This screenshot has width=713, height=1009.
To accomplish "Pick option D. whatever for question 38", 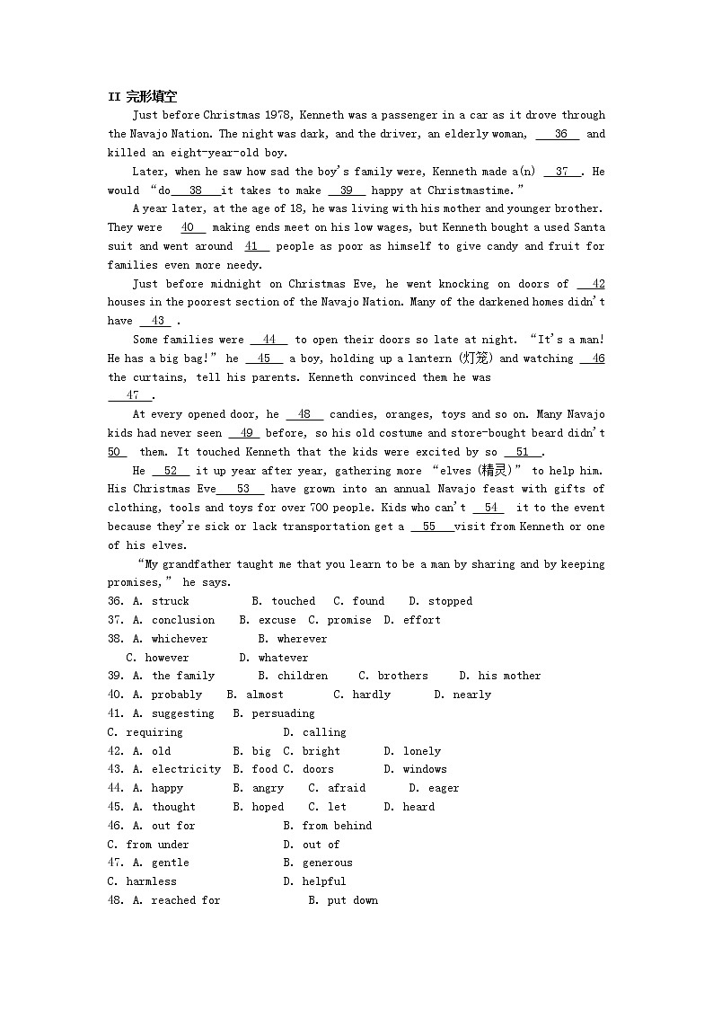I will click(x=274, y=658).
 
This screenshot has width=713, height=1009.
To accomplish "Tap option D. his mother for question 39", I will click(x=500, y=676).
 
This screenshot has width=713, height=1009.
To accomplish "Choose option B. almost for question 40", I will click(x=255, y=695).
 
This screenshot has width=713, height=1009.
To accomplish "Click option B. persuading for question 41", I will click(x=274, y=713).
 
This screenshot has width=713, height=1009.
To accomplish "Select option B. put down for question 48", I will click(x=343, y=900).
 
